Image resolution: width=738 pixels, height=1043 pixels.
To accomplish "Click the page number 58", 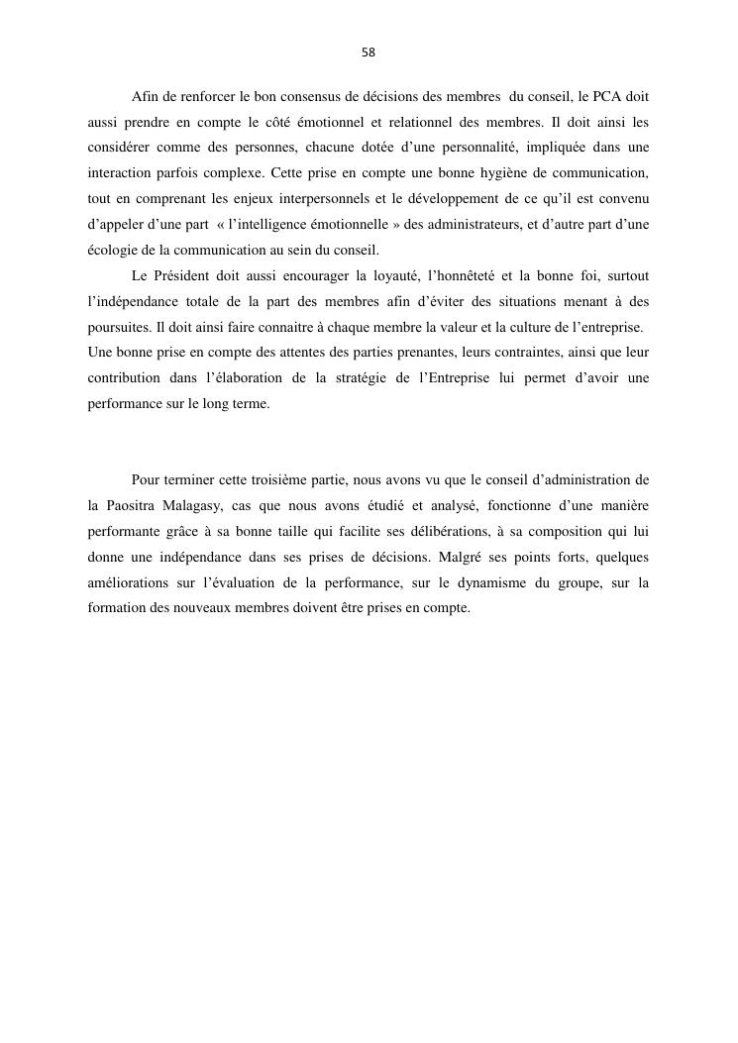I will (369, 52).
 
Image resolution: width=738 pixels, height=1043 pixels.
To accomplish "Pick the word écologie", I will (109, 251).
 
